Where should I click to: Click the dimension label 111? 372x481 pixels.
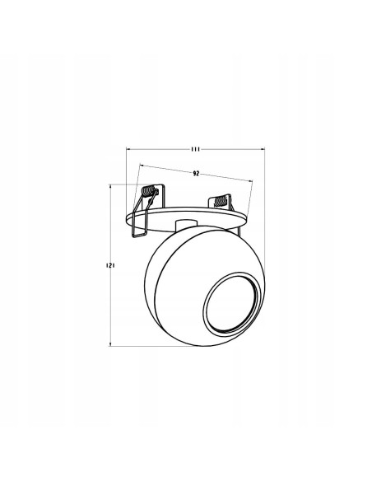(195, 149)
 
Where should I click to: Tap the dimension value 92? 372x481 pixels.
(196, 175)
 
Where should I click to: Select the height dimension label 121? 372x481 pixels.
(109, 266)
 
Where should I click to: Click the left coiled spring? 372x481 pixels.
(148, 197)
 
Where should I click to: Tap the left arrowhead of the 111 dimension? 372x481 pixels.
(128, 149)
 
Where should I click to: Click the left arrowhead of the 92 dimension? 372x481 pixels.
(142, 166)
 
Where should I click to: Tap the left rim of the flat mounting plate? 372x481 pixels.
(126, 217)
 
